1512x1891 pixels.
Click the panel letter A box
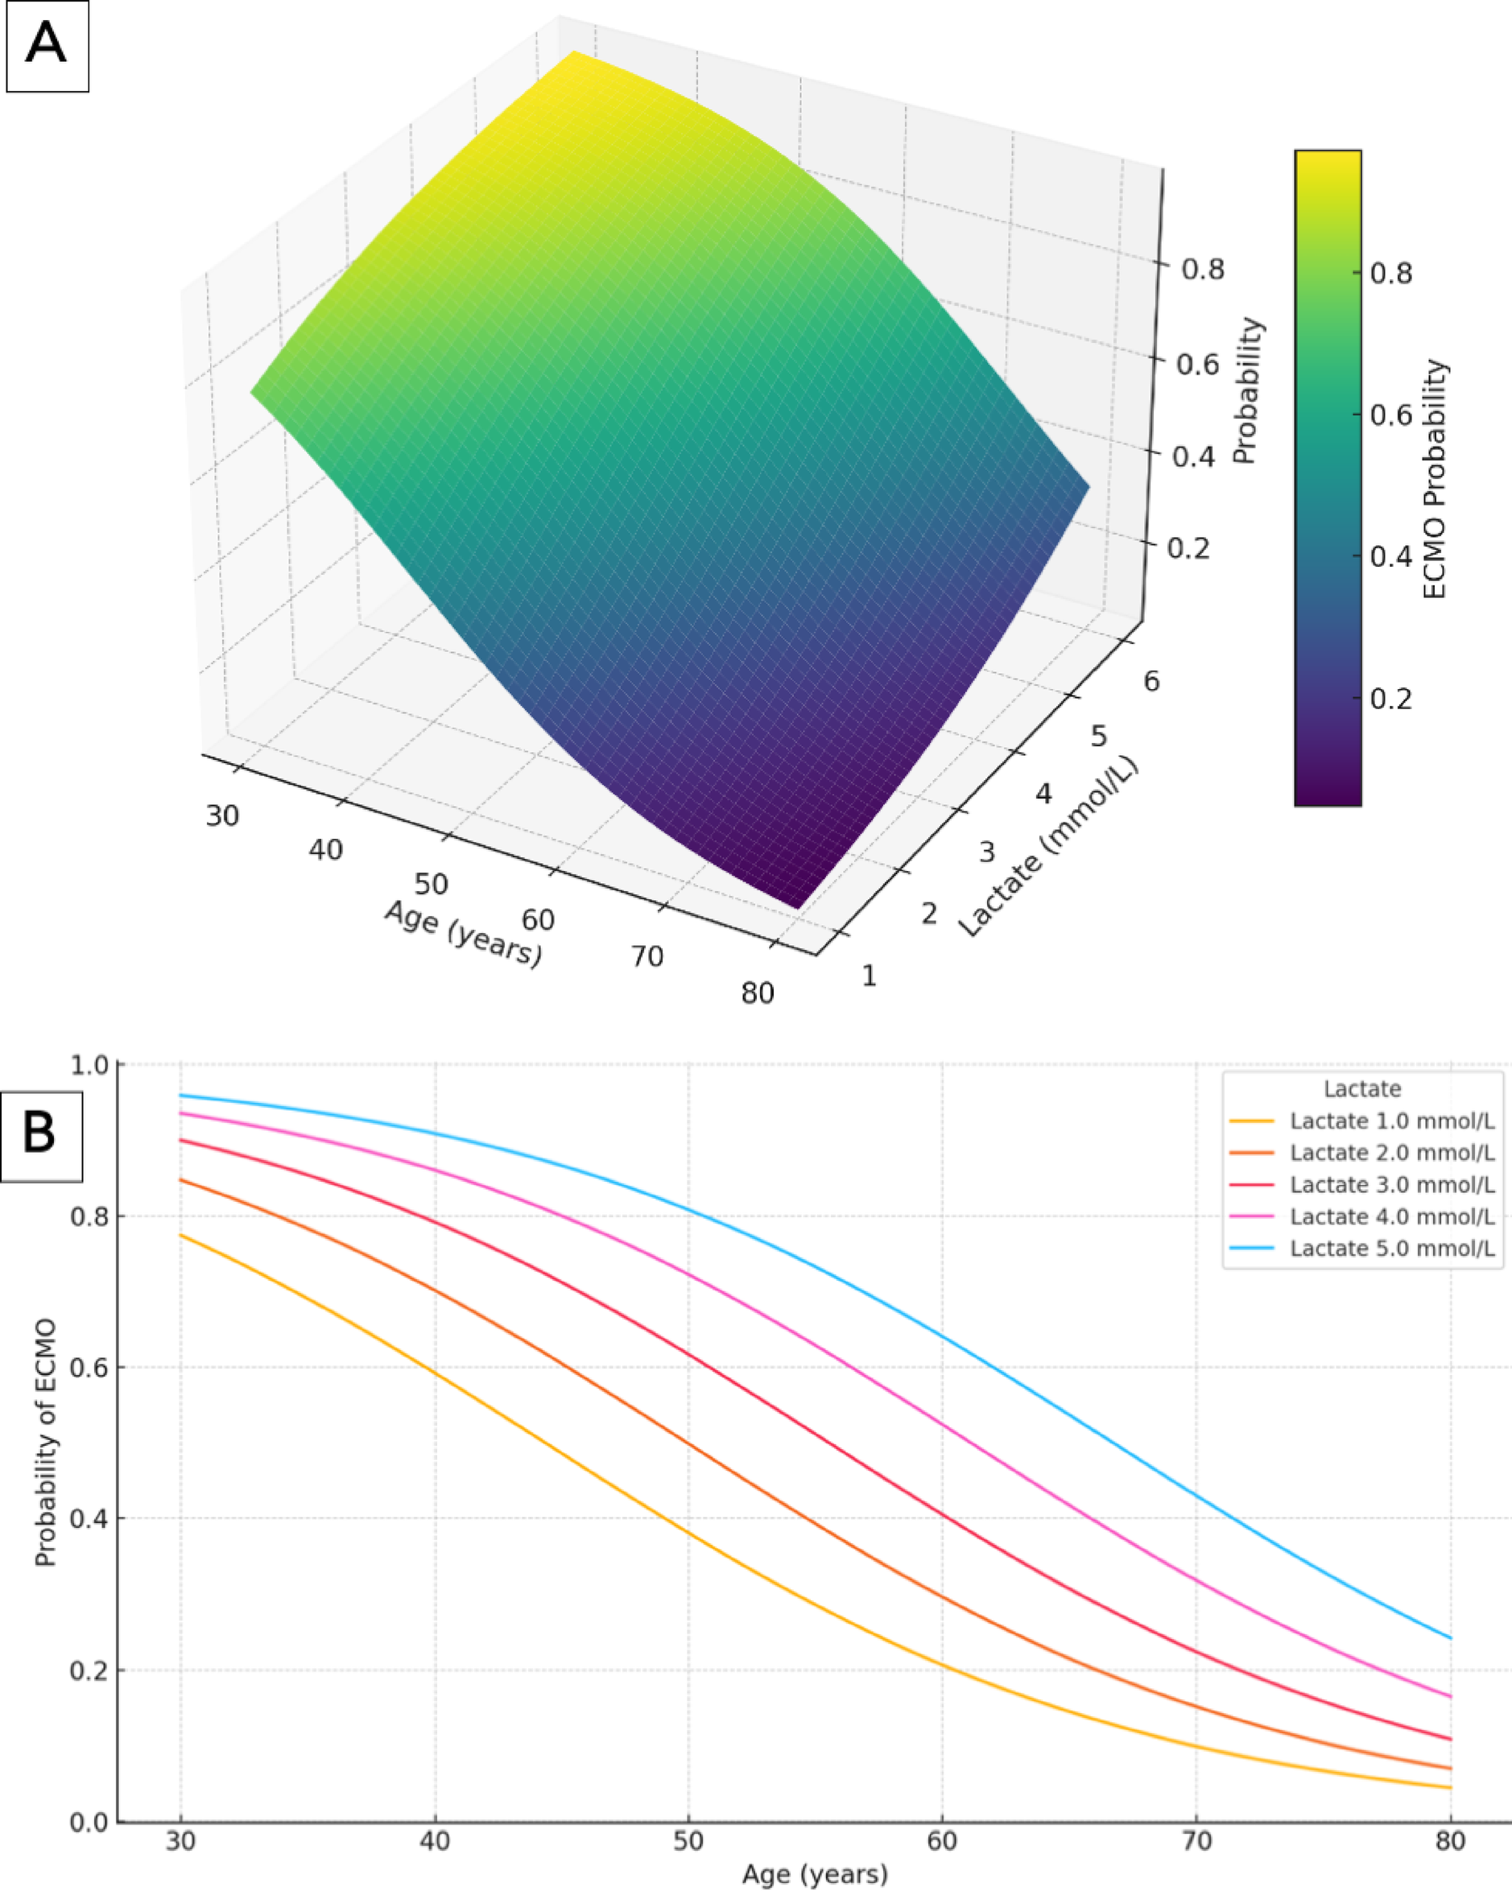click(x=47, y=47)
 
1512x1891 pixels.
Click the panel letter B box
click(x=40, y=1136)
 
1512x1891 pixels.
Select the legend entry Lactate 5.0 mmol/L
click(x=1391, y=1249)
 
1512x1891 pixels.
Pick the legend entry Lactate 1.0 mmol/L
click(x=1391, y=1121)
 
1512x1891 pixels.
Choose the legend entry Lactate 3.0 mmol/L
click(x=1391, y=1185)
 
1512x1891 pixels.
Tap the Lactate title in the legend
click(x=1362, y=1089)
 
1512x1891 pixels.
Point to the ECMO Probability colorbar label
click(x=1434, y=479)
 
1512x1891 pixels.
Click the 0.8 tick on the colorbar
click(x=1391, y=274)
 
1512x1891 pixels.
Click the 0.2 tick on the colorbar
click(x=1391, y=699)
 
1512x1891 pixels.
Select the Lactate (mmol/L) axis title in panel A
click(x=1048, y=846)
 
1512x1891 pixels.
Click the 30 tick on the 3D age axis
click(x=222, y=815)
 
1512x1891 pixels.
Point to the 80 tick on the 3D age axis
click(x=758, y=993)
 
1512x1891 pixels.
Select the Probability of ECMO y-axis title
click(x=46, y=1443)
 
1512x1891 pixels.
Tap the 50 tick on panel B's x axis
click(x=688, y=1840)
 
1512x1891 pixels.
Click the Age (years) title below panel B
click(x=815, y=1875)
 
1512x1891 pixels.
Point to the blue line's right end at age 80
click(x=1451, y=1637)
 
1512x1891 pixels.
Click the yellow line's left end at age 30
click(x=180, y=1235)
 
